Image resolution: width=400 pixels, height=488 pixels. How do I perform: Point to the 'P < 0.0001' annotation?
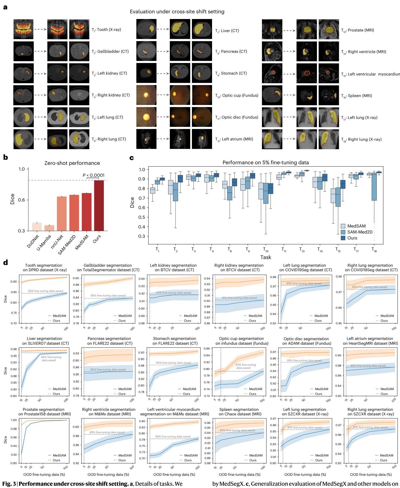pyautogui.click(x=94, y=175)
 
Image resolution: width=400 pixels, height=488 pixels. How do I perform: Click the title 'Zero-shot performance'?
pyautogui.click(x=72, y=163)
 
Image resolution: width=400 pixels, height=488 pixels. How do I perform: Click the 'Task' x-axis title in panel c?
pyautogui.click(x=266, y=257)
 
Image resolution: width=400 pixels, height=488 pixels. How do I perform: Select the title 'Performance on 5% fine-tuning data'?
pyautogui.click(x=266, y=163)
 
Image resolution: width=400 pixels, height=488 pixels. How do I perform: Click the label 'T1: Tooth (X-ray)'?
pyautogui.click(x=106, y=30)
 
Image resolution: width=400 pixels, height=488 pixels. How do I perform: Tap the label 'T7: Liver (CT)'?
pyautogui.click(x=227, y=30)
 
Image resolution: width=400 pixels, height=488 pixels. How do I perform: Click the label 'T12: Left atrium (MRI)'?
pyautogui.click(x=234, y=139)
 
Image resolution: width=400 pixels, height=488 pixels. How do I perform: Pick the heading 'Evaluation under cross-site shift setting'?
pyautogui.click(x=177, y=12)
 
